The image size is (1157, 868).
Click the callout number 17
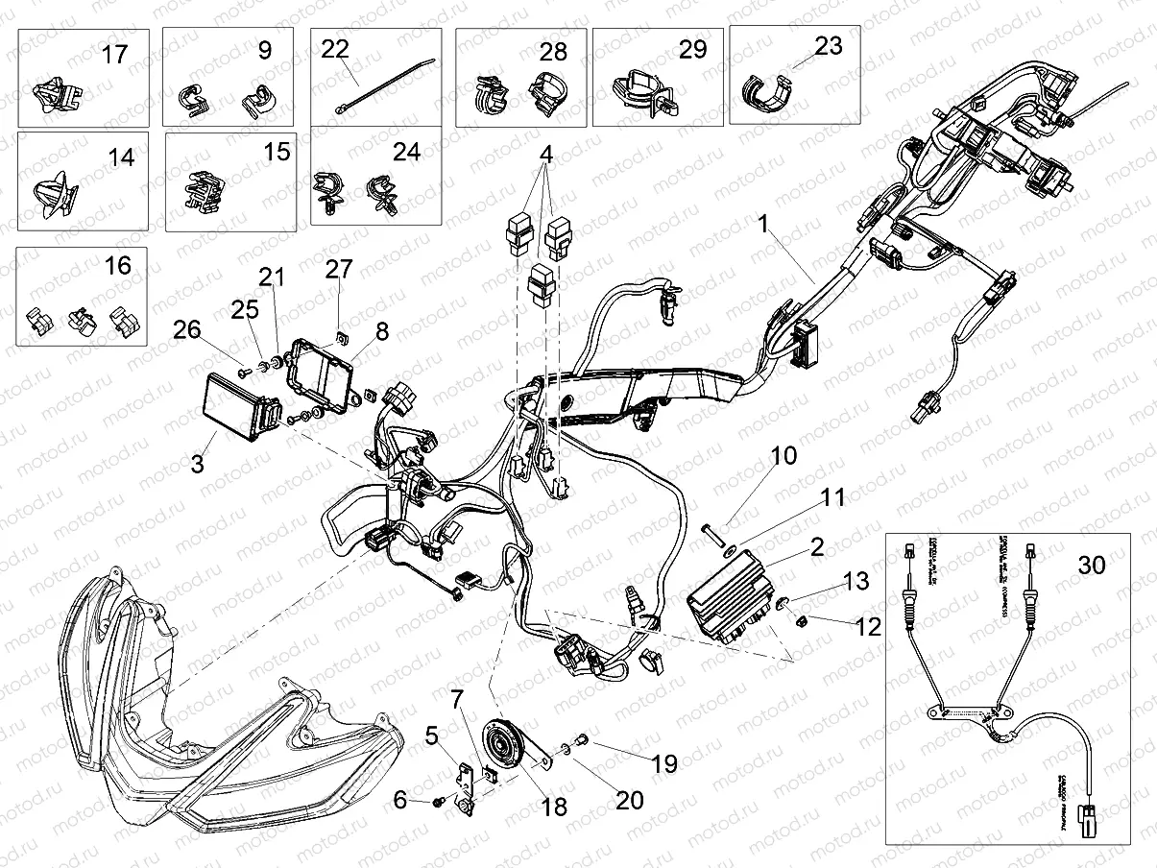pyautogui.click(x=114, y=54)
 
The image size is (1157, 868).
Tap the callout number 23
pyautogui.click(x=828, y=46)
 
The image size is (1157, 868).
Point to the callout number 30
pyautogui.click(x=1092, y=565)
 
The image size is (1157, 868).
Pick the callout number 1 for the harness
pyautogui.click(x=789, y=227)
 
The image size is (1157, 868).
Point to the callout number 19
pyautogui.click(x=664, y=763)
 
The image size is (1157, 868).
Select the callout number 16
pyautogui.click(x=117, y=264)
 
